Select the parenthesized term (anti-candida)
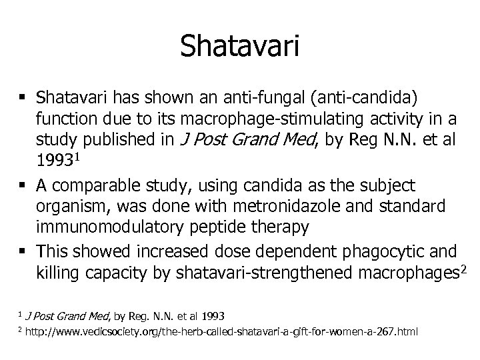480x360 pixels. point(361,99)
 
